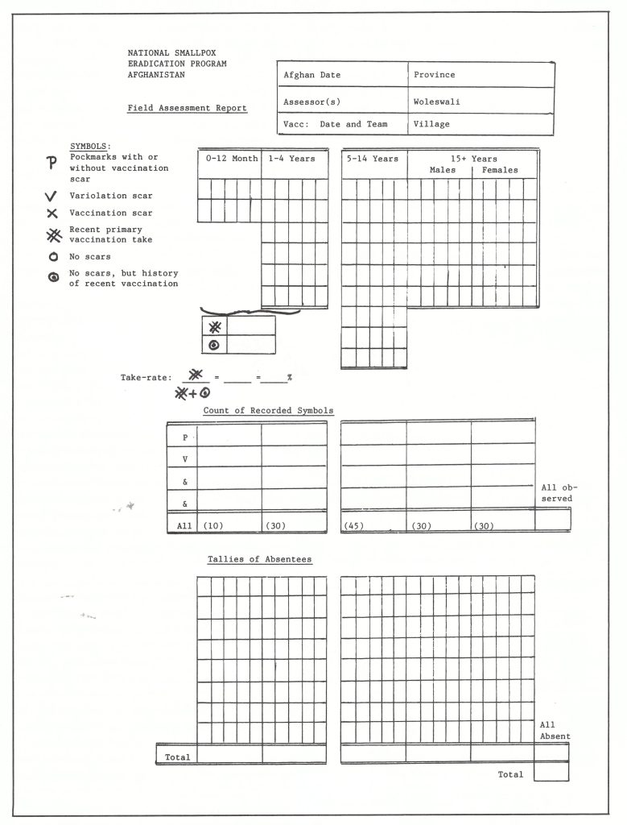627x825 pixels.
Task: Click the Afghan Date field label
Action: (312, 75)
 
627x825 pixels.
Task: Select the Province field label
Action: (435, 75)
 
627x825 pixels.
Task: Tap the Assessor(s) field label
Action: (314, 102)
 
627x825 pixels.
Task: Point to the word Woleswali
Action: (437, 102)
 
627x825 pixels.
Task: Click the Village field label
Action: (432, 124)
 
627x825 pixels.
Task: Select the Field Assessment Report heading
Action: (187, 108)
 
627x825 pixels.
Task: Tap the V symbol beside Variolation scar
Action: (52, 196)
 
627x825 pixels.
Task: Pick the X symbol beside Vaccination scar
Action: (52, 213)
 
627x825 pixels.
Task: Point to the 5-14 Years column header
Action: (373, 159)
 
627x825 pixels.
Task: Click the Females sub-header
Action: (500, 170)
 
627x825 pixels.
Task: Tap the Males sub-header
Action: (443, 170)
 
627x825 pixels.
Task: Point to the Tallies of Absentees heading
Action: (259, 559)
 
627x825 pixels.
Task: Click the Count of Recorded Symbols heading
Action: (268, 411)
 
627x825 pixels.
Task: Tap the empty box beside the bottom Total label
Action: (551, 772)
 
